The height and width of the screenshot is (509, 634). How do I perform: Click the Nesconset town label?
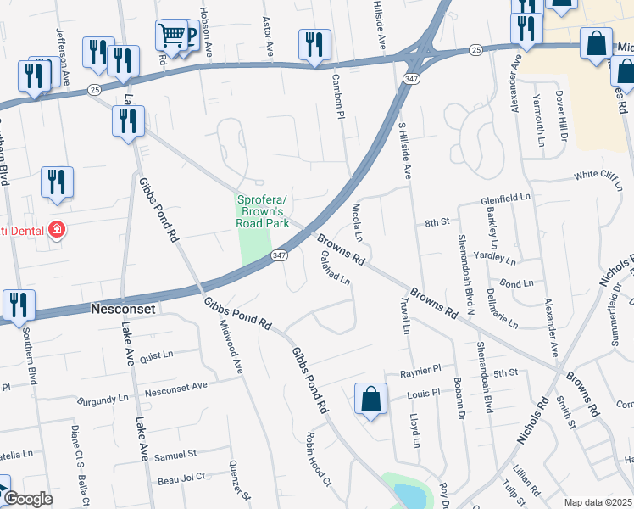[123, 310]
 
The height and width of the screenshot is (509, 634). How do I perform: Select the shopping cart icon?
[171, 36]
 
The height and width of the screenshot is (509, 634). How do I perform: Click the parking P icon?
[189, 36]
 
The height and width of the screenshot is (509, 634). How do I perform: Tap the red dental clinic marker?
[57, 230]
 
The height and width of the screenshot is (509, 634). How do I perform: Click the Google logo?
[28, 500]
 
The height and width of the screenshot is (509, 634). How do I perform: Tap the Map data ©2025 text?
[598, 502]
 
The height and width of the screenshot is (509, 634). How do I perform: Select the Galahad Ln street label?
[336, 273]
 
